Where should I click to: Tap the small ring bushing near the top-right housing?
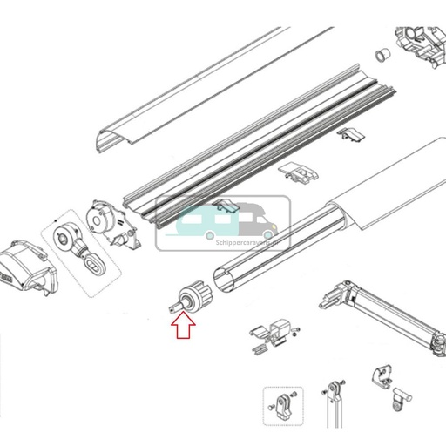[380, 57]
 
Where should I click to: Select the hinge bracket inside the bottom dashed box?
[283, 405]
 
